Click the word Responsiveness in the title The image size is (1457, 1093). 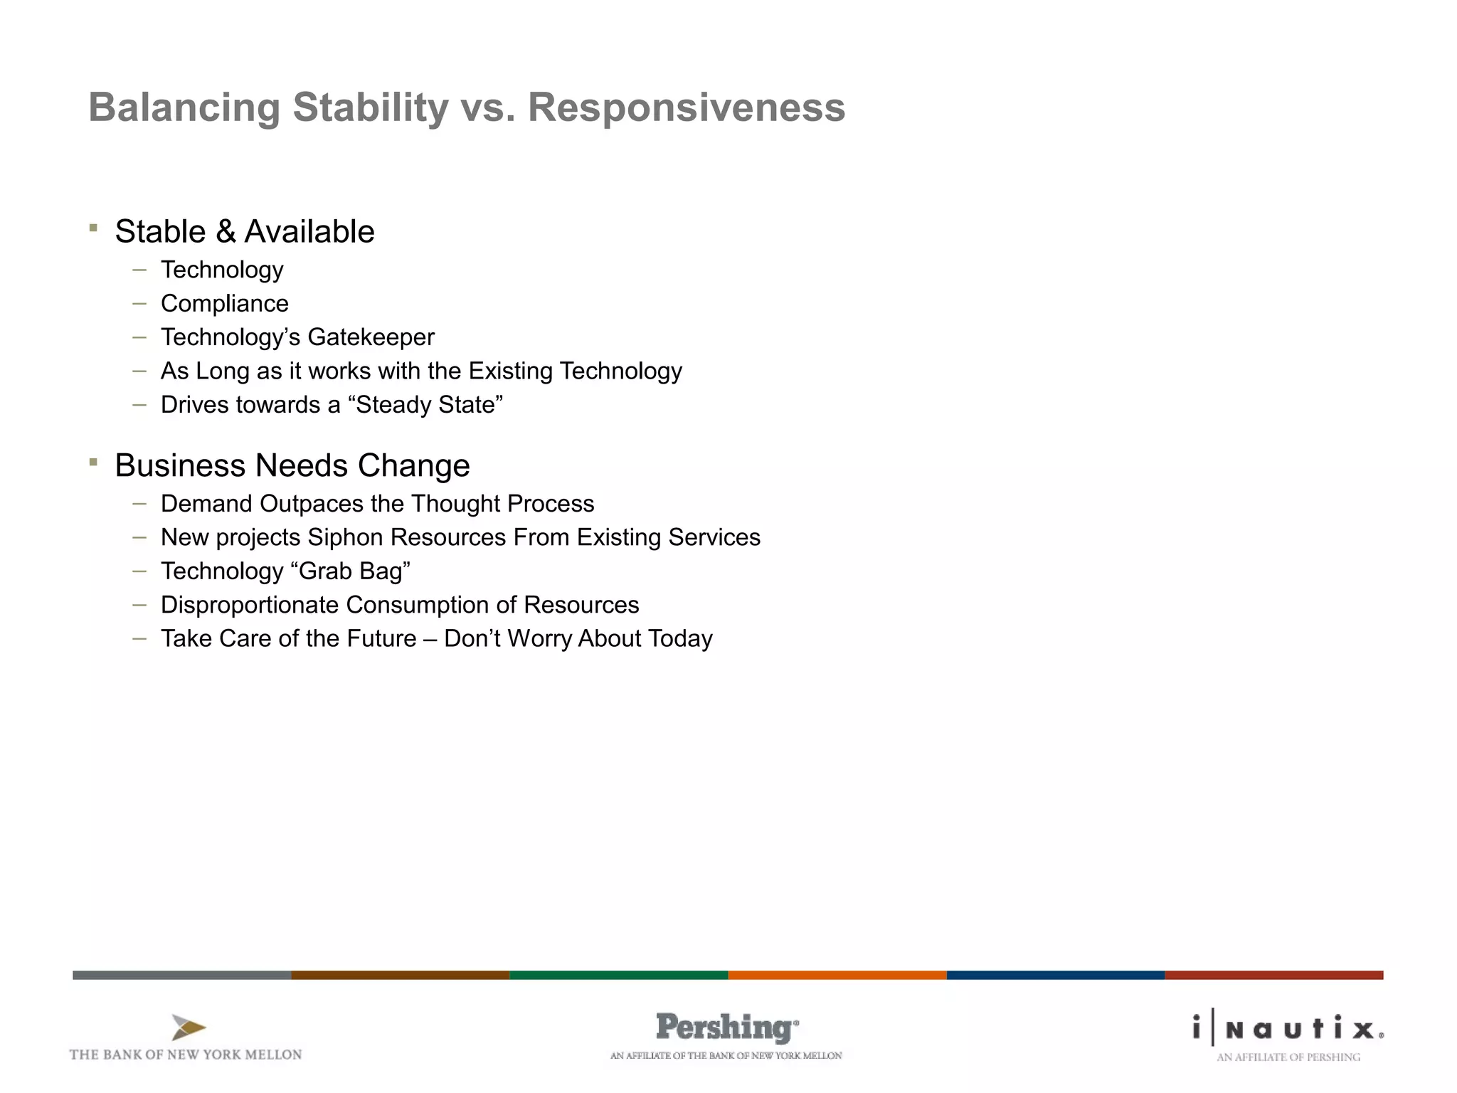[686, 107]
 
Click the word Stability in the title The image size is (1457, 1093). [370, 107]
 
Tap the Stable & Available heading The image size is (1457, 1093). [244, 231]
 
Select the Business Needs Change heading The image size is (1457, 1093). [292, 465]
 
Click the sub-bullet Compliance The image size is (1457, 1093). [224, 304]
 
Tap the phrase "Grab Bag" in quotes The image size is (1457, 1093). [351, 571]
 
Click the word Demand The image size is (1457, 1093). [206, 504]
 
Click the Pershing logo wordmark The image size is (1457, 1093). [726, 1028]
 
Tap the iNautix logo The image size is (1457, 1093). [1288, 1028]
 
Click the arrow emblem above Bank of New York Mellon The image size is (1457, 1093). [188, 1028]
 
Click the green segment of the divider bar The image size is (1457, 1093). [618, 975]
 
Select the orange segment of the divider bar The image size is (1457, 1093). [837, 975]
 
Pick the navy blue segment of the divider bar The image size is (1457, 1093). [1055, 975]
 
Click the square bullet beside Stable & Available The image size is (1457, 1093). [93, 228]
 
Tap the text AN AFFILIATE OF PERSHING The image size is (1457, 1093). [1288, 1057]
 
